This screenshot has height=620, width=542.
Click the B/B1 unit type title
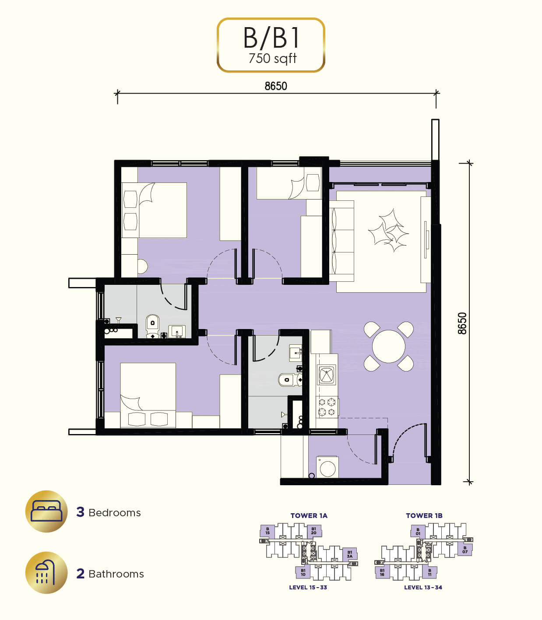271,38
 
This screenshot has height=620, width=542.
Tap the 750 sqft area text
272,59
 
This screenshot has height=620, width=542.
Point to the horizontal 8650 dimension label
276,86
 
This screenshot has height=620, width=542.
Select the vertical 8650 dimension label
462,323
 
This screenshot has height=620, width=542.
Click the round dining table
389,347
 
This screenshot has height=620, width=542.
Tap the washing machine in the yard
327,467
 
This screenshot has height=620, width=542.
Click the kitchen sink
327,375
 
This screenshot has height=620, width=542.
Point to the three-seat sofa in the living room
341,241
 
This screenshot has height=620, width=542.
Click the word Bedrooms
115,513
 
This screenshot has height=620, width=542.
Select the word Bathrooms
116,574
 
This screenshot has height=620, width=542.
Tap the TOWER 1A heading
309,516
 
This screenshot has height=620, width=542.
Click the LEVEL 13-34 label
423,587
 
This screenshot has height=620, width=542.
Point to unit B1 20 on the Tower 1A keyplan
314,531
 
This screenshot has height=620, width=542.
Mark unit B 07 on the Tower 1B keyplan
465,550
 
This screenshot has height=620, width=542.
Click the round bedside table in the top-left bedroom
142,266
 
